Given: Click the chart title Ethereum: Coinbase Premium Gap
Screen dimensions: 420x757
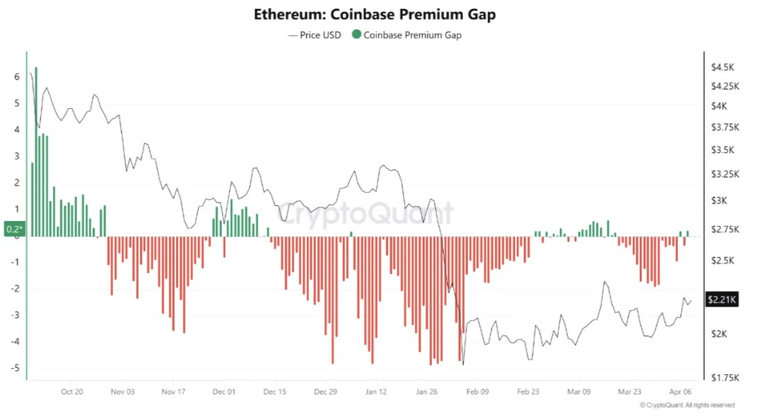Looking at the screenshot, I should click(x=375, y=14).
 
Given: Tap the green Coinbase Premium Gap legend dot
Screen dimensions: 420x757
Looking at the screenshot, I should click(x=356, y=35).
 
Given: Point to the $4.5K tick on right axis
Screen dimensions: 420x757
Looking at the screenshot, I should click(x=722, y=67).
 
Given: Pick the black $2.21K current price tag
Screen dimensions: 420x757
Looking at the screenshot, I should click(x=722, y=299).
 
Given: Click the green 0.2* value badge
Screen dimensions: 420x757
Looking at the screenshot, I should click(x=14, y=229).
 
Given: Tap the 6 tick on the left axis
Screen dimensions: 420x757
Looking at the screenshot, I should click(x=17, y=77).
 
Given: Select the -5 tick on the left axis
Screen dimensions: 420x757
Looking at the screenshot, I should click(x=15, y=368).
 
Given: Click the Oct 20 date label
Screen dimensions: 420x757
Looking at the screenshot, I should click(x=72, y=392).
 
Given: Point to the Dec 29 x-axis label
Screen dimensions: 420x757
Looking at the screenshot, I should click(x=325, y=392).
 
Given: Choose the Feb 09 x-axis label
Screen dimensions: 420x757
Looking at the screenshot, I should click(x=477, y=392).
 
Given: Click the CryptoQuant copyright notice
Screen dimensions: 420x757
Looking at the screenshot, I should click(x=686, y=405).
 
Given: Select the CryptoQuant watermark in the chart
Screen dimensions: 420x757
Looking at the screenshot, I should click(x=366, y=213).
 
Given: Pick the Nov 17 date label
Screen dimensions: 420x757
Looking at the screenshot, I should click(x=173, y=392).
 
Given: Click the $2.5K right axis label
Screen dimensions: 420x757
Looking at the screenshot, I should click(x=722, y=260).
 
